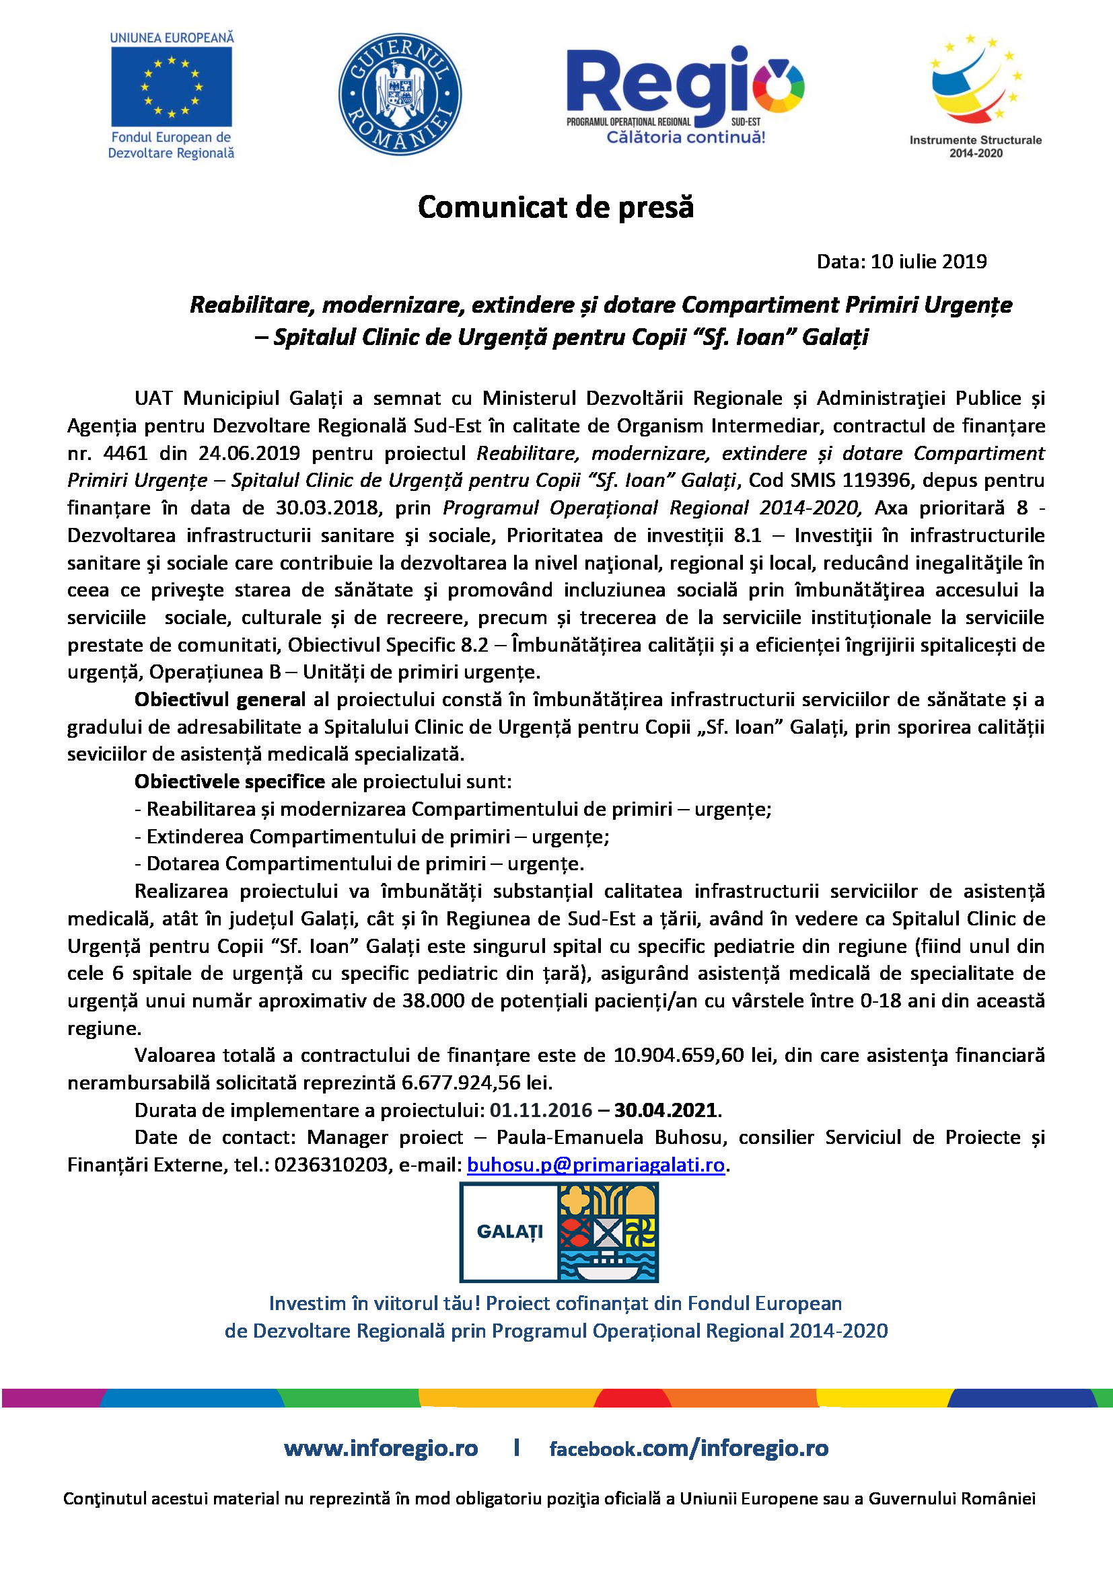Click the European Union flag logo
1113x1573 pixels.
(x=172, y=86)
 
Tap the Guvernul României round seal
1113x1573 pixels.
(x=400, y=95)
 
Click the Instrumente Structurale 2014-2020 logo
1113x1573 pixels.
(x=975, y=96)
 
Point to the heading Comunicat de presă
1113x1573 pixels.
(x=556, y=207)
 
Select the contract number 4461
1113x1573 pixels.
(x=125, y=453)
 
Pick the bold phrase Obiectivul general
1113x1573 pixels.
(x=220, y=699)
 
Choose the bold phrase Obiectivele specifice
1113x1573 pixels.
(x=229, y=781)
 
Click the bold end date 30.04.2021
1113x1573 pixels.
(x=665, y=1110)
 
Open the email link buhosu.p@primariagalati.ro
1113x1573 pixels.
(x=596, y=1165)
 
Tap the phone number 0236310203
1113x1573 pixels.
(x=331, y=1165)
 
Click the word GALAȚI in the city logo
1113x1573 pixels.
(x=509, y=1232)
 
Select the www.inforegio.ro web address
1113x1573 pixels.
(x=381, y=1449)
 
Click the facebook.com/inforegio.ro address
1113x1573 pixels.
(x=689, y=1449)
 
